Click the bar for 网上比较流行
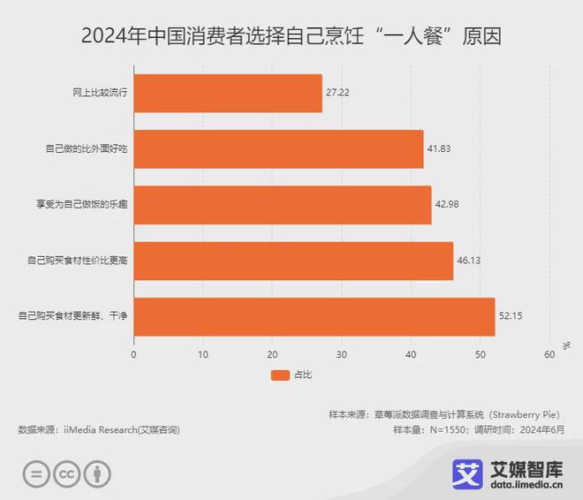(x=228, y=93)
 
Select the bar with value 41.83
(x=278, y=148)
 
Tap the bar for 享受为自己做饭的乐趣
(x=283, y=204)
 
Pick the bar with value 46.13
(x=293, y=261)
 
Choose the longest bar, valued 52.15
(x=314, y=316)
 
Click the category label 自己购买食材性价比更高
(x=78, y=261)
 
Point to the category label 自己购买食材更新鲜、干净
(x=73, y=316)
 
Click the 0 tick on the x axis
(x=133, y=355)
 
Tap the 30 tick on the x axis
(x=342, y=355)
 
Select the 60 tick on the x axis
(x=549, y=355)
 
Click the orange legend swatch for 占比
(x=280, y=375)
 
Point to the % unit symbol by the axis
(x=566, y=345)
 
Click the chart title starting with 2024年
(x=291, y=37)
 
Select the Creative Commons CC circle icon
(x=67, y=473)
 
